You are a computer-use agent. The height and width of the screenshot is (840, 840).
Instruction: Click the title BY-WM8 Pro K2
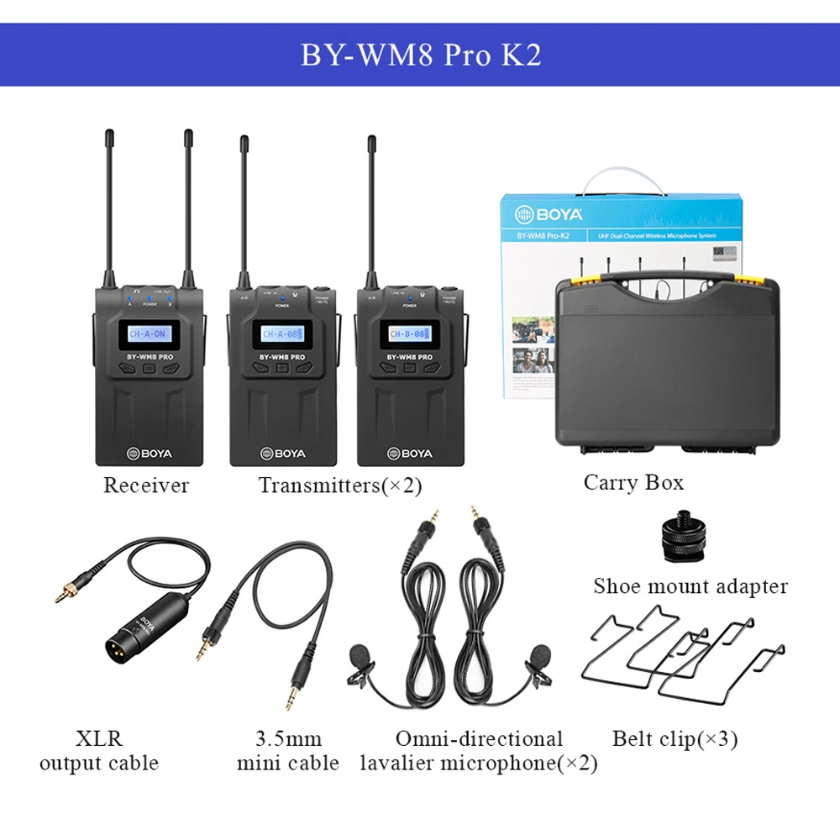coord(421,55)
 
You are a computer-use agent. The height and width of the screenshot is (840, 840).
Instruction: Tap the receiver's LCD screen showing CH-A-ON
coord(148,334)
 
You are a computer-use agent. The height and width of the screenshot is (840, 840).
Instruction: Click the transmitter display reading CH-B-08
coord(409,334)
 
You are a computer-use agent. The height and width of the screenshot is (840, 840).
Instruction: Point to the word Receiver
coord(146,485)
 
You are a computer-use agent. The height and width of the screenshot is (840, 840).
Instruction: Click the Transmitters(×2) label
coord(340,485)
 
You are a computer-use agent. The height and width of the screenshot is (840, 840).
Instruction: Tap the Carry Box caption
coord(633,482)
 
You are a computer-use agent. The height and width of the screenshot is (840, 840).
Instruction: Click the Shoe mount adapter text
coord(690,585)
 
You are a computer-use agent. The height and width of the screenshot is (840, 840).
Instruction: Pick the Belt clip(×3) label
coord(675,739)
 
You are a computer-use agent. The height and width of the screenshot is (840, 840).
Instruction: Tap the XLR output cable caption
coord(99,751)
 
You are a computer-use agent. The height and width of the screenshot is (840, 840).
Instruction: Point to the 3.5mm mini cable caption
coord(288,751)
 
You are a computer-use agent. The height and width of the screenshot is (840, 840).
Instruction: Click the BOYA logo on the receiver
coord(150,454)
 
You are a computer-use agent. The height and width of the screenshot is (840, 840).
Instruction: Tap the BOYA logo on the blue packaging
coord(538,214)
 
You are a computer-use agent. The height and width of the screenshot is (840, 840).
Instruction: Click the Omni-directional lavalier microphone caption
coord(479,751)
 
